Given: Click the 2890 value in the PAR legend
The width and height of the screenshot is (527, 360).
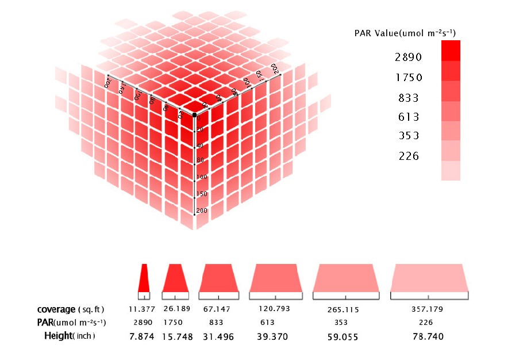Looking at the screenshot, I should click(x=409, y=58).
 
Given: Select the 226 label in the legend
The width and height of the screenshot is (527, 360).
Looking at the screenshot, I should click(x=409, y=156).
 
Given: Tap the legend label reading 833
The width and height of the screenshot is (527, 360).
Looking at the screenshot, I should click(x=409, y=98).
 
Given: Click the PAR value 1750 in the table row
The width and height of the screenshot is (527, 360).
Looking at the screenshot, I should click(x=176, y=322).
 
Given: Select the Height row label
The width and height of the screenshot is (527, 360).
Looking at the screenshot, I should click(x=57, y=336).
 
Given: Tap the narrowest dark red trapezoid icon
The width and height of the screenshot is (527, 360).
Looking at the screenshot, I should click(x=144, y=278).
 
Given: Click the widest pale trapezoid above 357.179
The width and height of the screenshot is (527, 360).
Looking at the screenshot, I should click(x=429, y=278).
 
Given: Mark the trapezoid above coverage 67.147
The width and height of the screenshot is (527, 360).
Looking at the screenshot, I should click(x=218, y=278).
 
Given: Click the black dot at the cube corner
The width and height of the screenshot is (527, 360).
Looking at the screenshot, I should click(x=195, y=116).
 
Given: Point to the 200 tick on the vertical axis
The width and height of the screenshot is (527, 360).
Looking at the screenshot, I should click(x=201, y=211).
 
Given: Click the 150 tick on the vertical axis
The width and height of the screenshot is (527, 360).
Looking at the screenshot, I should click(x=201, y=194).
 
